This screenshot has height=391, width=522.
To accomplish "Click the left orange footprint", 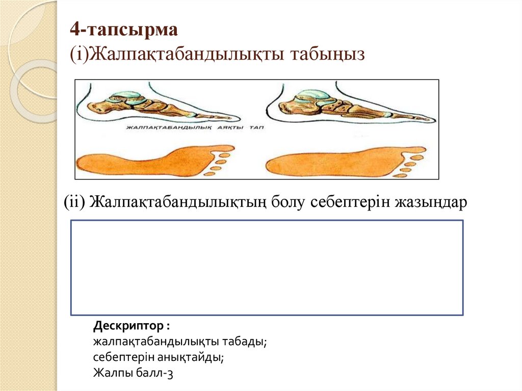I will click(155, 160).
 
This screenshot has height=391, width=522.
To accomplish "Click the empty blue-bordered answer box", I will click(267, 267).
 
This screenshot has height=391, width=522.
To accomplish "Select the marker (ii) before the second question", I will click(74, 202).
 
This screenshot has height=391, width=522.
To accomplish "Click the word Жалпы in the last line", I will click(111, 373).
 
